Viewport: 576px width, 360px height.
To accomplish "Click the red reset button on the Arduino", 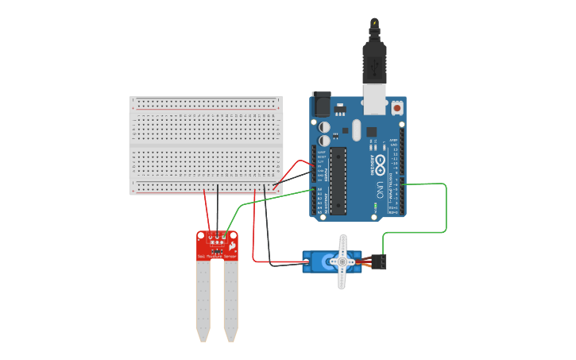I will (396, 106).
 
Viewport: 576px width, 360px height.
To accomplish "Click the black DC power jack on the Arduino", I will (322, 104).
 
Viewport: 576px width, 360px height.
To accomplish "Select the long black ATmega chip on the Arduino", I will (338, 180).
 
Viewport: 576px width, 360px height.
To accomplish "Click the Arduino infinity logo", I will (380, 165).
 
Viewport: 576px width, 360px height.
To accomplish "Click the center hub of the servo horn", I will (342, 261).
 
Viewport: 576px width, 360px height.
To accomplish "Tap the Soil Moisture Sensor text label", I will (217, 256).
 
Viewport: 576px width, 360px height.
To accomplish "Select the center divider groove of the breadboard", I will (206, 146).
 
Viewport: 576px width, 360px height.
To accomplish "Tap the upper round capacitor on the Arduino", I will (324, 126).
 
